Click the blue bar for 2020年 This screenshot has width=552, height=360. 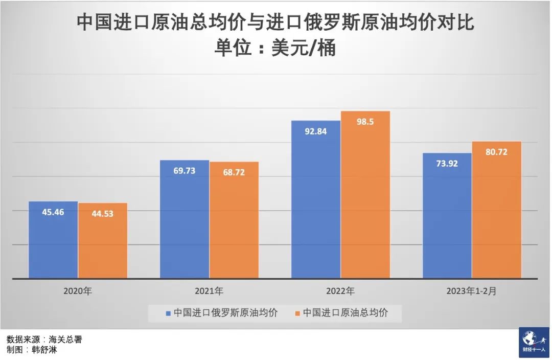pos(53,240)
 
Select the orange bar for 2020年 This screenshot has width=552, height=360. pos(103,241)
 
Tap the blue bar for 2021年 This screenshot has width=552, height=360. pos(185,220)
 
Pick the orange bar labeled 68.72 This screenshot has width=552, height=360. pos(234,221)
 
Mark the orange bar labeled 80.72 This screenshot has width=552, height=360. pos(497,210)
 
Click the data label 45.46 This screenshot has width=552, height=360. pos(53,212)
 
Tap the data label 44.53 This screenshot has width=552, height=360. pos(102,214)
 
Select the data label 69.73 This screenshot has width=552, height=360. pos(185,171)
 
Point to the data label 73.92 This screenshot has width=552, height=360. pos(447,164)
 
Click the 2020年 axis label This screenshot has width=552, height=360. pos(78,291)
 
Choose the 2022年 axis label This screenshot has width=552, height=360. pos(340,291)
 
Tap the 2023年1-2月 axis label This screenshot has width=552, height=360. pos(471,291)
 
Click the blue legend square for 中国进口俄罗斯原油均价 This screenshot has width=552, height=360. pos(168,312)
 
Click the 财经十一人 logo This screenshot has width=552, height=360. pos(534,342)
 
